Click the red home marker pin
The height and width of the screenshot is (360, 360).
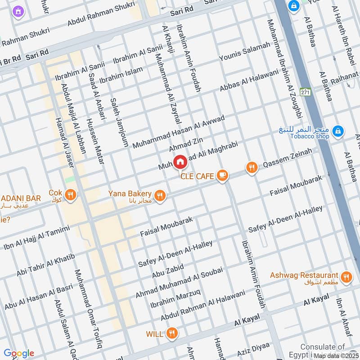tap(180, 162)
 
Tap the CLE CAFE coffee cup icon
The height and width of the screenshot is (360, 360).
tap(221, 175)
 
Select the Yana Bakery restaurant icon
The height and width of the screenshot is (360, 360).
tap(159, 196)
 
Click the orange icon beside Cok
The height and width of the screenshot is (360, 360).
tap(70, 195)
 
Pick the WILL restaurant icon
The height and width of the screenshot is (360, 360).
tap(171, 333)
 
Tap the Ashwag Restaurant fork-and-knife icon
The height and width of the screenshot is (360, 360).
tap(346, 277)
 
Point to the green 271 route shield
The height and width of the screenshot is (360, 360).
tap(306, 92)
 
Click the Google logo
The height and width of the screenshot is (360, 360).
tap(18, 353)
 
